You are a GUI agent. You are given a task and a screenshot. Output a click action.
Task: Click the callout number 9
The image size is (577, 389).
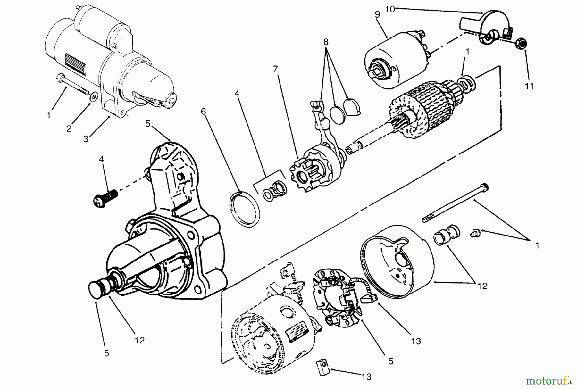[377, 14]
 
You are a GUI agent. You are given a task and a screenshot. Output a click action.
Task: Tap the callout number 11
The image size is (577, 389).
[529, 86]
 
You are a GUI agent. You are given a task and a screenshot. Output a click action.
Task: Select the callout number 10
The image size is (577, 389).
[390, 9]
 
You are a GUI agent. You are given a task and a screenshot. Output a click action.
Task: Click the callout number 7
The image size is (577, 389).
[276, 69]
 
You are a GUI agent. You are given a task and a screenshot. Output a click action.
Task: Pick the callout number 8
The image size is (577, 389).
[326, 42]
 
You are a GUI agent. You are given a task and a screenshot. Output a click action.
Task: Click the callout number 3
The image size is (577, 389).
[86, 139]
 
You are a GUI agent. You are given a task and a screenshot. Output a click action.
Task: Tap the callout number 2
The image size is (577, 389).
[69, 129]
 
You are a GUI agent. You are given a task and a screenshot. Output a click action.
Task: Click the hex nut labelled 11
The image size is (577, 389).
[522, 44]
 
